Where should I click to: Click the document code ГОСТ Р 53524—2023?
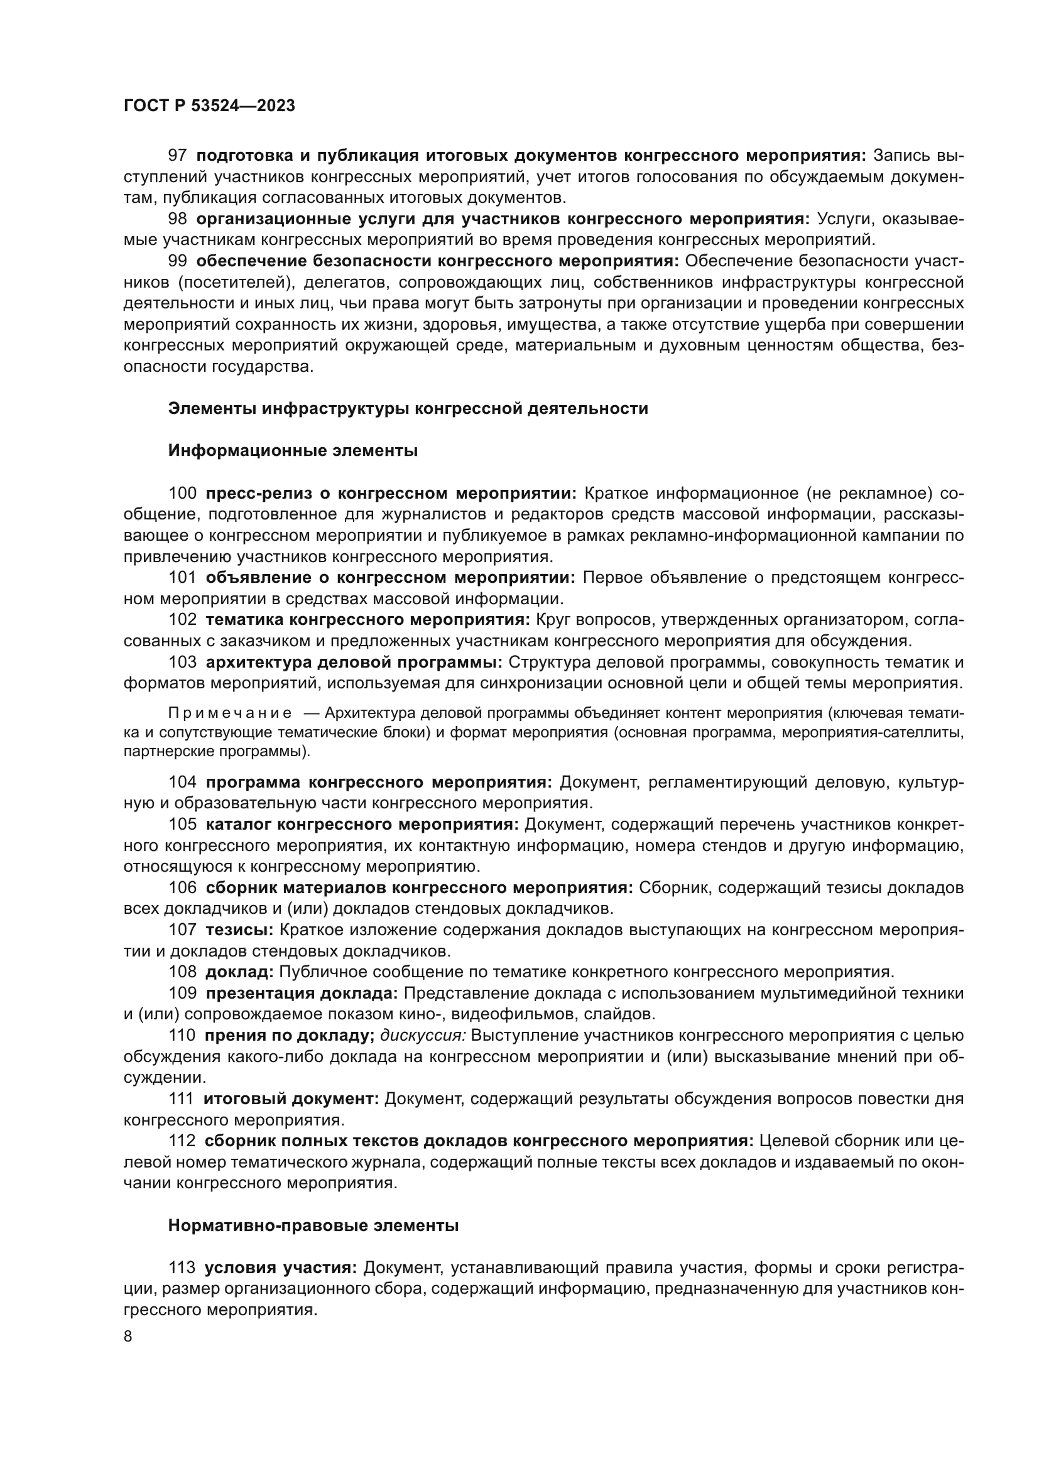pyautogui.click(x=209, y=106)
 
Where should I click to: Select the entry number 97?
pyautogui.click(x=177, y=156)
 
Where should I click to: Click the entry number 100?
pyautogui.click(x=182, y=493)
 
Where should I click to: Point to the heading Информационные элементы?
pyautogui.click(x=292, y=450)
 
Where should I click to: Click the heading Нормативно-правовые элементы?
pyautogui.click(x=313, y=1226)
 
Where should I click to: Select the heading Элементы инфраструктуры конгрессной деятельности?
pyautogui.click(x=408, y=408)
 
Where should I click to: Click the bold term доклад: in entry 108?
pyautogui.click(x=239, y=972)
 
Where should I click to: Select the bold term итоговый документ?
pyautogui.click(x=291, y=1098)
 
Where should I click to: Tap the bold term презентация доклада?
pyautogui.click(x=302, y=993)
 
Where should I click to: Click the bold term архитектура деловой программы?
pyautogui.click(x=354, y=662)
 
